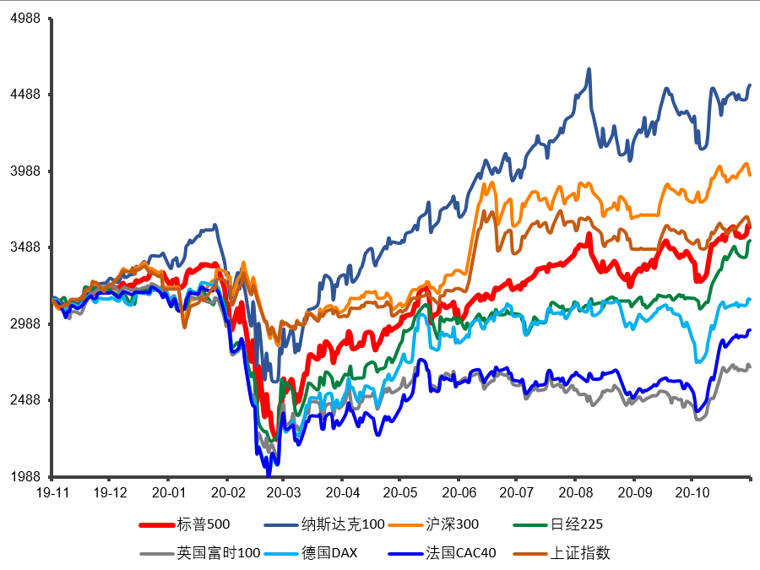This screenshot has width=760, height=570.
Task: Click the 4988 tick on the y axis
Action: pyautogui.click(x=25, y=18)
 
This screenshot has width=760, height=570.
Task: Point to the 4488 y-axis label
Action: pyautogui.click(x=25, y=94)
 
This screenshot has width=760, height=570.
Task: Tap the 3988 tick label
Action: pyautogui.click(x=25, y=171)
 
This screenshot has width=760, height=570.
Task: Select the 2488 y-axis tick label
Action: pyautogui.click(x=25, y=400)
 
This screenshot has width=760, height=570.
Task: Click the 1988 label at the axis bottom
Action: pyautogui.click(x=25, y=476)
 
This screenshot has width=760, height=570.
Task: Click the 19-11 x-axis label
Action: pyautogui.click(x=53, y=493)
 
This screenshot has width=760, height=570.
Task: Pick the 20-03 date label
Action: pyautogui.click(x=284, y=493)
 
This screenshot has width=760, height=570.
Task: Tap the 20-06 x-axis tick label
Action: pyautogui.click(x=459, y=493)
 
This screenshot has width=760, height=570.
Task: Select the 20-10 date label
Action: pyautogui.click(x=692, y=493)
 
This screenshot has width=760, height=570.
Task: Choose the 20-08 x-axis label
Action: pyautogui.click(x=576, y=493)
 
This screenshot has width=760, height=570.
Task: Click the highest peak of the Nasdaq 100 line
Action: pyautogui.click(x=589, y=69)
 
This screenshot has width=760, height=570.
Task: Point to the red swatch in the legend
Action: pyautogui.click(x=156, y=525)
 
